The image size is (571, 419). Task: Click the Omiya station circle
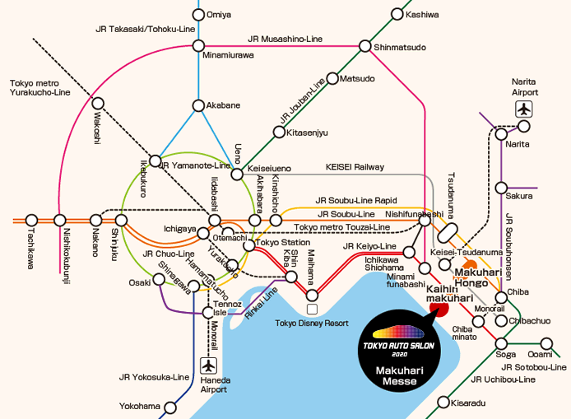(x=197, y=14)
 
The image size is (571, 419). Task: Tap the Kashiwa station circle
(x=398, y=14)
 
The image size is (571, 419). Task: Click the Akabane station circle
(x=197, y=105)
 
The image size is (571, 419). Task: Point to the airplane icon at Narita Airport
(x=524, y=109)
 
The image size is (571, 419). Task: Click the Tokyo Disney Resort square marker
(x=312, y=309)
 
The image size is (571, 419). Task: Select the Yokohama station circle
(x=170, y=407)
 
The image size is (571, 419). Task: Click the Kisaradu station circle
(x=443, y=403)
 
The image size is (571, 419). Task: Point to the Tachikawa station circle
(x=31, y=220)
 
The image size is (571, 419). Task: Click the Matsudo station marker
(x=332, y=79)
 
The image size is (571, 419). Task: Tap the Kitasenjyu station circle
(x=280, y=132)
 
